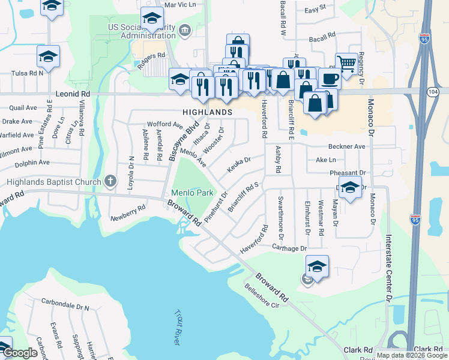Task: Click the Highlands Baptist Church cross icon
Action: [x=110, y=179]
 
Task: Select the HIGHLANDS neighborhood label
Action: [x=208, y=112]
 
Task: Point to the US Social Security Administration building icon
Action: [x=184, y=29]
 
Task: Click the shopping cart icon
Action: [x=346, y=62]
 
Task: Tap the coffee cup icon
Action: [x=328, y=78]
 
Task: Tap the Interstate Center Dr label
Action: [x=388, y=268]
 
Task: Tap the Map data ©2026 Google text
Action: [x=412, y=356]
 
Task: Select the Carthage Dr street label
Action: [x=289, y=248]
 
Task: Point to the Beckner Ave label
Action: [x=346, y=146]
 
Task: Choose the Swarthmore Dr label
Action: [x=280, y=214]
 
